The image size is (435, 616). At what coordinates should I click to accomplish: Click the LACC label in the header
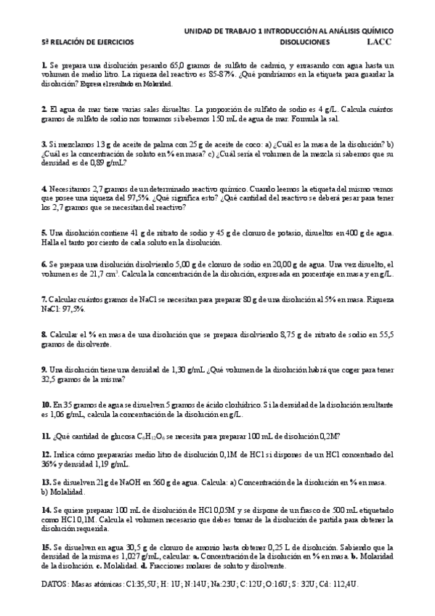(378, 43)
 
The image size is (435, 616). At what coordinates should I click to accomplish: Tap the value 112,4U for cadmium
(344, 584)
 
